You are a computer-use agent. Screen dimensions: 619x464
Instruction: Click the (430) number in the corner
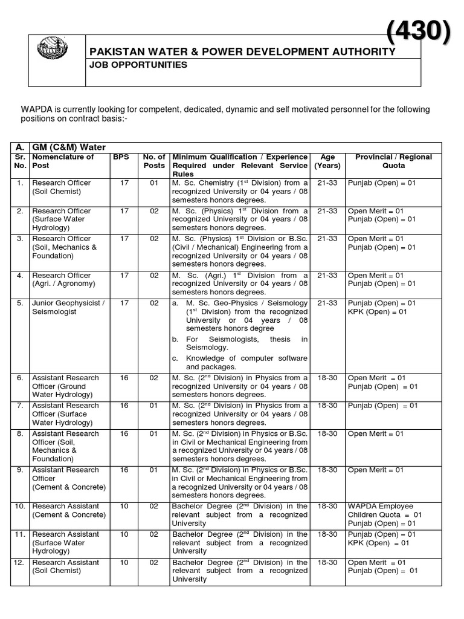point(418,31)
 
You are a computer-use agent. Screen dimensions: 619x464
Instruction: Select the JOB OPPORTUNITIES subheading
point(130,65)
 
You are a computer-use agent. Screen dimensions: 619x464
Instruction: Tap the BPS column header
point(120,157)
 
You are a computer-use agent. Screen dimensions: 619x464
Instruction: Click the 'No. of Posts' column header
point(154,161)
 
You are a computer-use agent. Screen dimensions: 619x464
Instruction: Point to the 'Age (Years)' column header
point(327,161)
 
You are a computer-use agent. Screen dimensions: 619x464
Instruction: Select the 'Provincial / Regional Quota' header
point(393,161)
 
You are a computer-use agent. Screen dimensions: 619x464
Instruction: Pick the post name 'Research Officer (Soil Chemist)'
point(61,187)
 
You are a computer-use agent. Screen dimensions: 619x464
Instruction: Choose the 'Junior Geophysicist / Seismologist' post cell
point(68,307)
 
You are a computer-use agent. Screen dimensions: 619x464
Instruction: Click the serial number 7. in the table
point(20,406)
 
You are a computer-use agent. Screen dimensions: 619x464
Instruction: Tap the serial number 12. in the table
point(20,562)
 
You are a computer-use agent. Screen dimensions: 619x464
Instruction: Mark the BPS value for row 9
point(124,470)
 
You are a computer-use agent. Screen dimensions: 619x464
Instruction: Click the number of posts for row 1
point(154,183)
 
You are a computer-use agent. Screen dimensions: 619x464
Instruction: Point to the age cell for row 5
point(327,303)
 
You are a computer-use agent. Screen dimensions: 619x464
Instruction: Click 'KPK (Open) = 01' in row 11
point(378,543)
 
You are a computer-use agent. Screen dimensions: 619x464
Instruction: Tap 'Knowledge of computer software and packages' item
point(246,363)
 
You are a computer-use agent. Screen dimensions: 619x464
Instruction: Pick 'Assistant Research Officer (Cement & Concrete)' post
point(68,478)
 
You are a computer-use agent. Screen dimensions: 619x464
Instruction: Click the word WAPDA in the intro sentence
point(37,109)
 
